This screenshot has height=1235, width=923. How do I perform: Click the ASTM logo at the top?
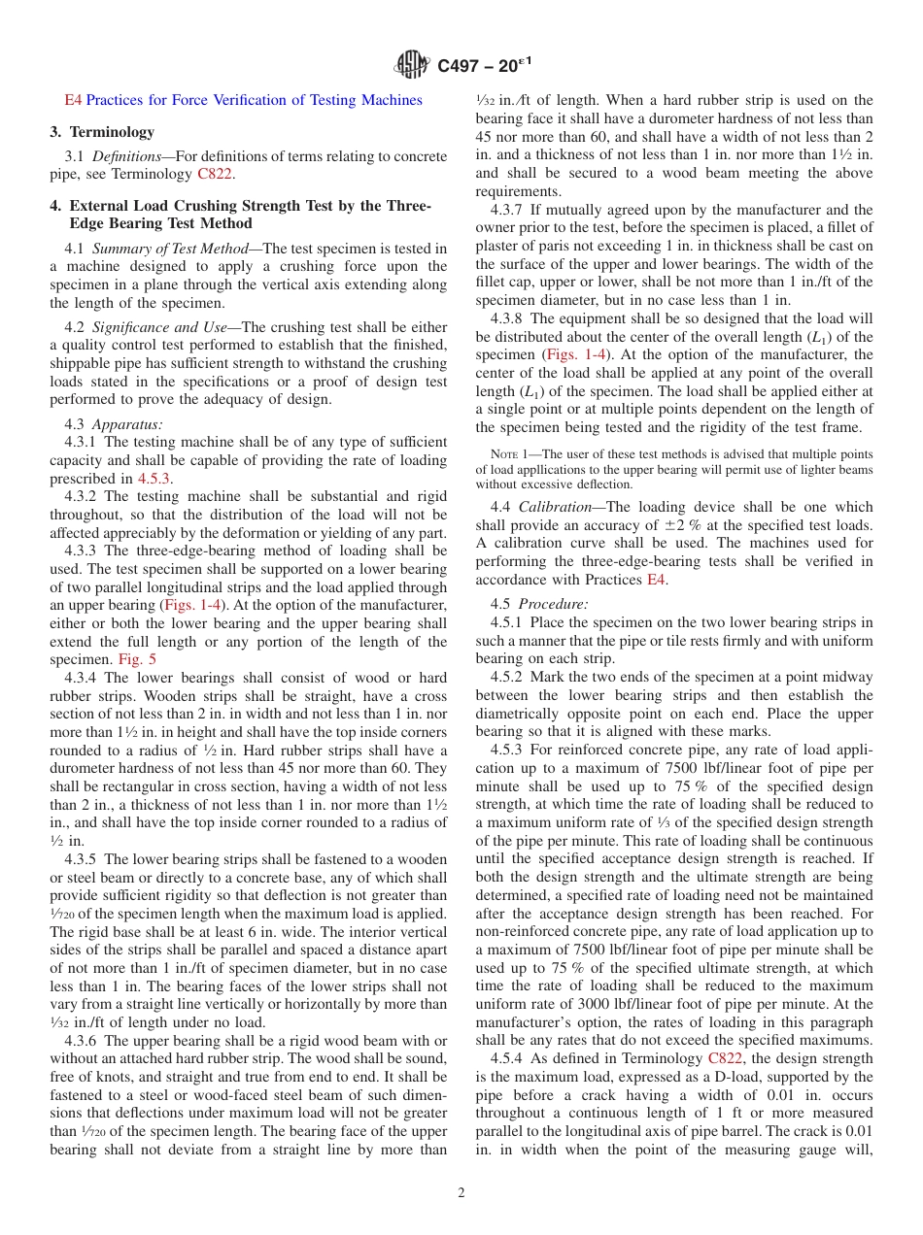412,66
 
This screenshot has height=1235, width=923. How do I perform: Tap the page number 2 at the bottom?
461,1193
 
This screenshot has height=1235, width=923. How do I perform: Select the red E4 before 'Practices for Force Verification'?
73,100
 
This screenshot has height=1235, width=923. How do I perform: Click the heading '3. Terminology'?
102,132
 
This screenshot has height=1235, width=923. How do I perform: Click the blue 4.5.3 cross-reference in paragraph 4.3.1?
153,479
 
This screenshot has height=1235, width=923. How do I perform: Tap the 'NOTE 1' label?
510,453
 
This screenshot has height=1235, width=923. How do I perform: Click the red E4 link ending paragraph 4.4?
657,580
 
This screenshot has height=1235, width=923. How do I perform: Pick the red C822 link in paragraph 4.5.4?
727,1059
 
